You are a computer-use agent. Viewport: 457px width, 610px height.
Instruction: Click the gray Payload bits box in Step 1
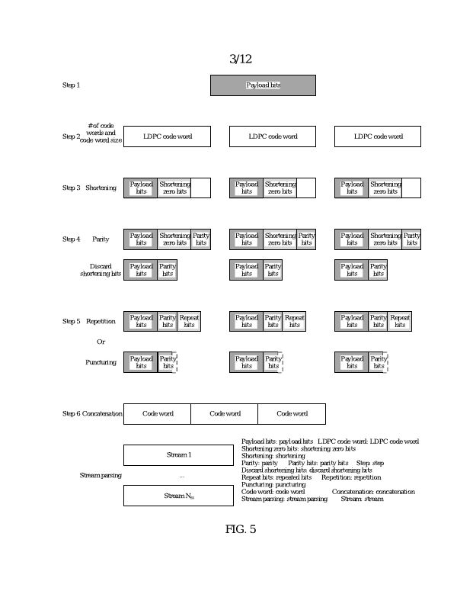point(263,85)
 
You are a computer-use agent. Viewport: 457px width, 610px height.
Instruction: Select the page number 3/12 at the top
point(240,59)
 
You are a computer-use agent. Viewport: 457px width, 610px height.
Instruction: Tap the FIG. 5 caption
point(240,529)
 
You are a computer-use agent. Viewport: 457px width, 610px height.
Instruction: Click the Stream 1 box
point(178,455)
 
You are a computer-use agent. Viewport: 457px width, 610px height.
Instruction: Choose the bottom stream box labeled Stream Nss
point(178,496)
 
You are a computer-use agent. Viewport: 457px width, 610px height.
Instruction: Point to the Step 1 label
point(70,85)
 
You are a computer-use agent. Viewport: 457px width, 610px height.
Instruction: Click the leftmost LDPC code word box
point(167,136)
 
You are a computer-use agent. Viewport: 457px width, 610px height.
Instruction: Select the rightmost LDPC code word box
point(378,136)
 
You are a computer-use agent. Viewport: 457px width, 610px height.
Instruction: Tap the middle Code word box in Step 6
point(225,414)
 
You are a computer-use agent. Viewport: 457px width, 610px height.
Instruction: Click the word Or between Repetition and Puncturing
point(101,342)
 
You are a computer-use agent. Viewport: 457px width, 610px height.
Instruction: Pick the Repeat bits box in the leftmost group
point(189,321)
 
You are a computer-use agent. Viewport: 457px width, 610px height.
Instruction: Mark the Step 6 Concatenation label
point(92,414)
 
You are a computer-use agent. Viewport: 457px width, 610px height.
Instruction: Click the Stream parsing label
point(101,476)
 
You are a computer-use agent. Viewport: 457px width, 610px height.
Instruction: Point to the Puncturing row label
point(101,362)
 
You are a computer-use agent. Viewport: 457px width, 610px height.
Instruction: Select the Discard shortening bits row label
point(101,269)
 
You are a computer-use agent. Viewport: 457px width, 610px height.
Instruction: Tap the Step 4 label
point(71,239)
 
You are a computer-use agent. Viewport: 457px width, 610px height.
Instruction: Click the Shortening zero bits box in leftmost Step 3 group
point(174,188)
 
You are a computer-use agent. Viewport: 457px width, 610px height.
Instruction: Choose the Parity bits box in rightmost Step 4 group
point(411,239)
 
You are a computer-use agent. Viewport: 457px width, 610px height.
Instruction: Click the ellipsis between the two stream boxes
point(181,477)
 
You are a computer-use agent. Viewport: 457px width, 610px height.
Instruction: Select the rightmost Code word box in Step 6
point(292,414)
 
